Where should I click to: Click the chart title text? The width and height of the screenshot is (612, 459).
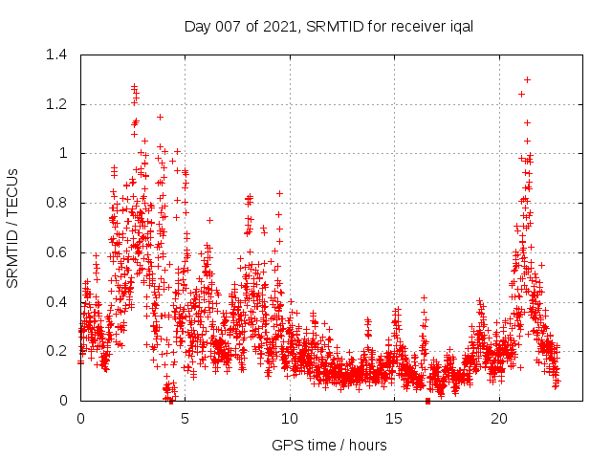[x=329, y=26]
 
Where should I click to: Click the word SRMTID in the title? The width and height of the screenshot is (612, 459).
[x=328, y=26]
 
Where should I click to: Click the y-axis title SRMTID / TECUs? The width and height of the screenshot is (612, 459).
[x=13, y=228]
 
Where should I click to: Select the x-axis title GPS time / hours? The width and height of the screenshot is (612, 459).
[x=329, y=445]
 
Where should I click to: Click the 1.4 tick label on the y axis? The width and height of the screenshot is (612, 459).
[x=59, y=55]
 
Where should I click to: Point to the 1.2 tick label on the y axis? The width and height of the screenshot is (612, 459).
[x=59, y=104]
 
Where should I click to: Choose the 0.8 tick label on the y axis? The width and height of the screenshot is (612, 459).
[x=59, y=203]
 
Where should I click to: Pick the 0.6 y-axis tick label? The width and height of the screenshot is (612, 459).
[x=59, y=252]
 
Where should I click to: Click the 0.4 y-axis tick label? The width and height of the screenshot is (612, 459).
[x=59, y=302]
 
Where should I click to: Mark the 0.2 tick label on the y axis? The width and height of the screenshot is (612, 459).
[x=59, y=351]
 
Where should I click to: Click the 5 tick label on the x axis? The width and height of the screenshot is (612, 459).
[x=186, y=419]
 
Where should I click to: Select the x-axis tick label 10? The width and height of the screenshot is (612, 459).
[x=290, y=419]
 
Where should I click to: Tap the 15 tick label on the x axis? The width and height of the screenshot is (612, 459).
[x=395, y=419]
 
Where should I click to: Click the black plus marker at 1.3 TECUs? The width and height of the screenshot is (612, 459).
[x=527, y=79]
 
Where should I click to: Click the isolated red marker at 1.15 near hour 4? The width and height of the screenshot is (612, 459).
[x=160, y=117]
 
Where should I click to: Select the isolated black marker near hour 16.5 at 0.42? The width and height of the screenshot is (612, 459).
[x=424, y=297]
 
